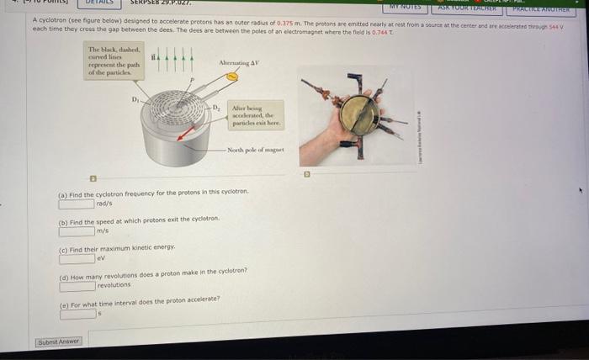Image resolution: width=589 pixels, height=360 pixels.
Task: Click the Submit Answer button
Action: pos(59,341)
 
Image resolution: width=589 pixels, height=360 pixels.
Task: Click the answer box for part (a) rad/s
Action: pos(76,203)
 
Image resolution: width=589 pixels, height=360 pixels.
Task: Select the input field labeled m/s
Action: pos(76,231)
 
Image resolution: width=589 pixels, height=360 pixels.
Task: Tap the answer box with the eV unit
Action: pos(76,258)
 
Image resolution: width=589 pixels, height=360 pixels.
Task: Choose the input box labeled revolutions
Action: pos(77,286)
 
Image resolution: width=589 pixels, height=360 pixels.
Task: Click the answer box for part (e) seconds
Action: pos(77,314)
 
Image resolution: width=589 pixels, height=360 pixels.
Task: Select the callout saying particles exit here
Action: pos(257,114)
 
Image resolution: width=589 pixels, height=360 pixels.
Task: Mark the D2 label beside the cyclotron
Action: pos(216,108)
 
